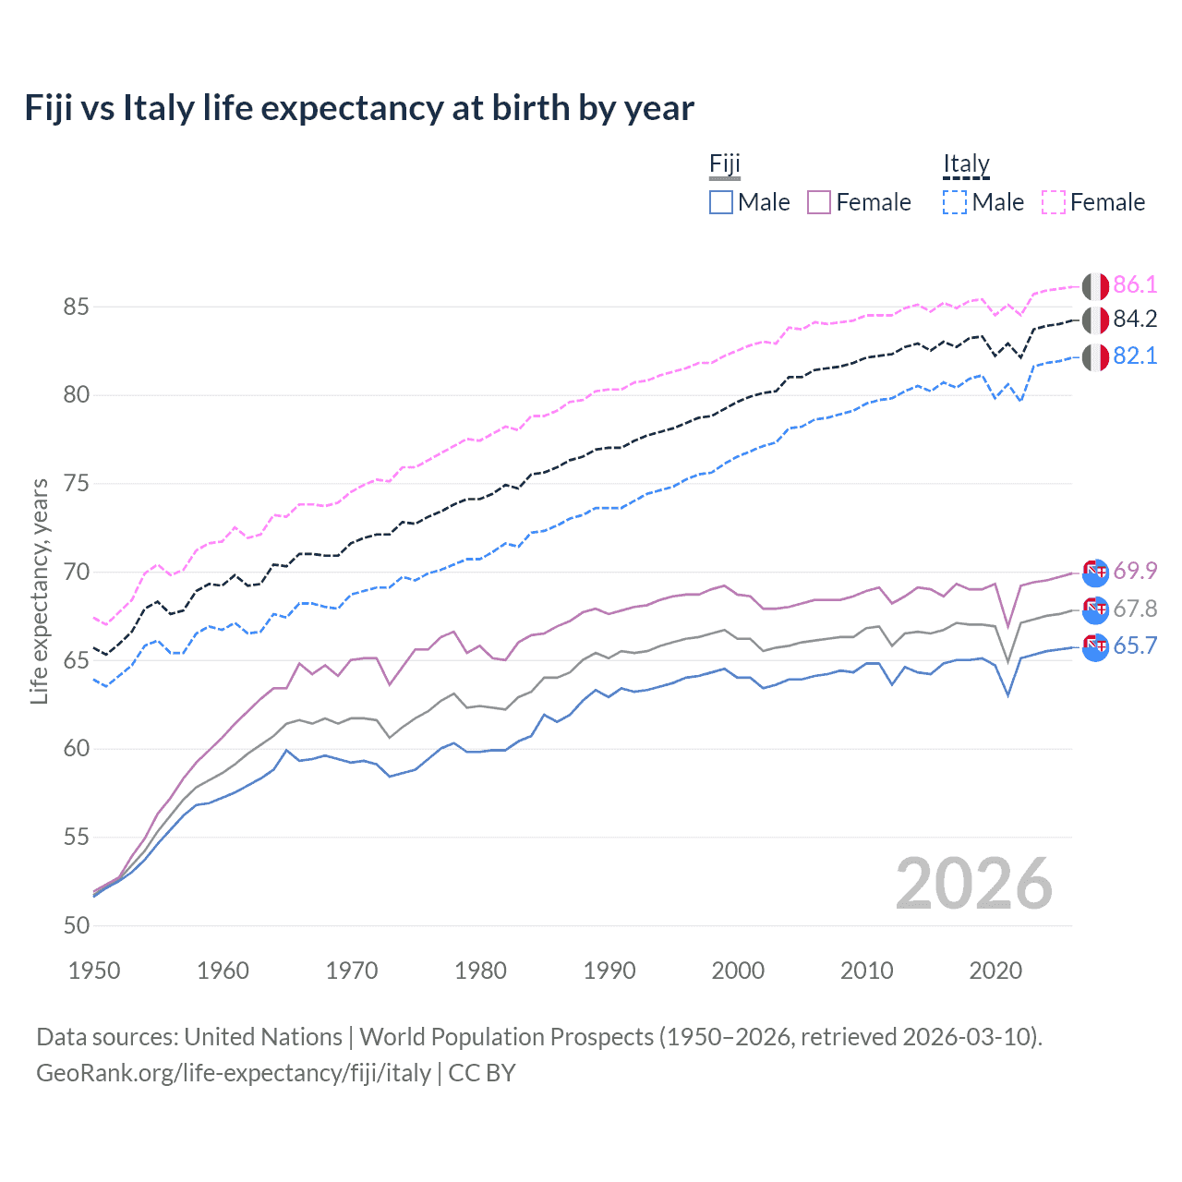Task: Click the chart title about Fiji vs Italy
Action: point(358,108)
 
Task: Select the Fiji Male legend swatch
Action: point(721,202)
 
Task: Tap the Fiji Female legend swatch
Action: point(819,202)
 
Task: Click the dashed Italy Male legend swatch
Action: point(955,202)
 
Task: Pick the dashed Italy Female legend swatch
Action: point(1054,202)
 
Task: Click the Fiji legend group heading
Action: point(725,164)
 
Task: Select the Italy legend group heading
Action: point(966,164)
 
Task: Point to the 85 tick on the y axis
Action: point(76,307)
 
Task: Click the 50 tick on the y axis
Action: point(76,925)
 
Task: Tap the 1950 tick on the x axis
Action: point(94,971)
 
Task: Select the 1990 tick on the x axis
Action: point(609,971)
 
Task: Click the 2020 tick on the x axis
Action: point(995,971)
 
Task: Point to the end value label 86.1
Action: point(1135,284)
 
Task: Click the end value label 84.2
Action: point(1135,320)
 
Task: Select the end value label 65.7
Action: point(1135,646)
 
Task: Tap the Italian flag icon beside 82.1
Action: point(1095,356)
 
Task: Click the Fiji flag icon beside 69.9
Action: point(1095,573)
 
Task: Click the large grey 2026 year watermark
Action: point(974,884)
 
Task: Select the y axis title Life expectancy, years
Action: point(40,591)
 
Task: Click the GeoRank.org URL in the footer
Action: point(234,1073)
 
